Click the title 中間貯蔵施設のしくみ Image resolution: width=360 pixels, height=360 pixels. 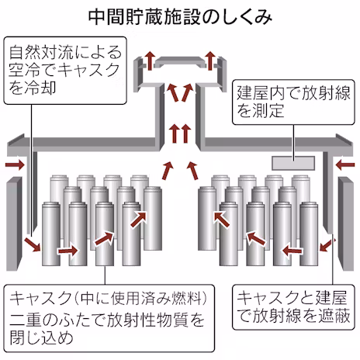180,18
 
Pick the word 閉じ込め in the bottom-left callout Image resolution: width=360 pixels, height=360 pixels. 41,337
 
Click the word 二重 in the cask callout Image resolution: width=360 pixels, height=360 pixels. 26,320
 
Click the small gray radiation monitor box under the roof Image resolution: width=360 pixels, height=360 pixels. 293,163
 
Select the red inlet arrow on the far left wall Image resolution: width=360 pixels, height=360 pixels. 15,164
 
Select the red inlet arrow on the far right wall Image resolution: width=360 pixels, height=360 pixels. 345,164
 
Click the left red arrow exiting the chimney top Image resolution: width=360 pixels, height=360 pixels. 150,61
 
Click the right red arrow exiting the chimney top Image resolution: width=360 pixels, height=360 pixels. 211,61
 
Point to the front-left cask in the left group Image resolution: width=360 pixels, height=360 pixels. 51,234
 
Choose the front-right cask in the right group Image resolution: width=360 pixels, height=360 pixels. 309,234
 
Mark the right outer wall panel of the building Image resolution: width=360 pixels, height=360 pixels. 346,224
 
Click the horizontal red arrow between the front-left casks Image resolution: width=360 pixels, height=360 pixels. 67,251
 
